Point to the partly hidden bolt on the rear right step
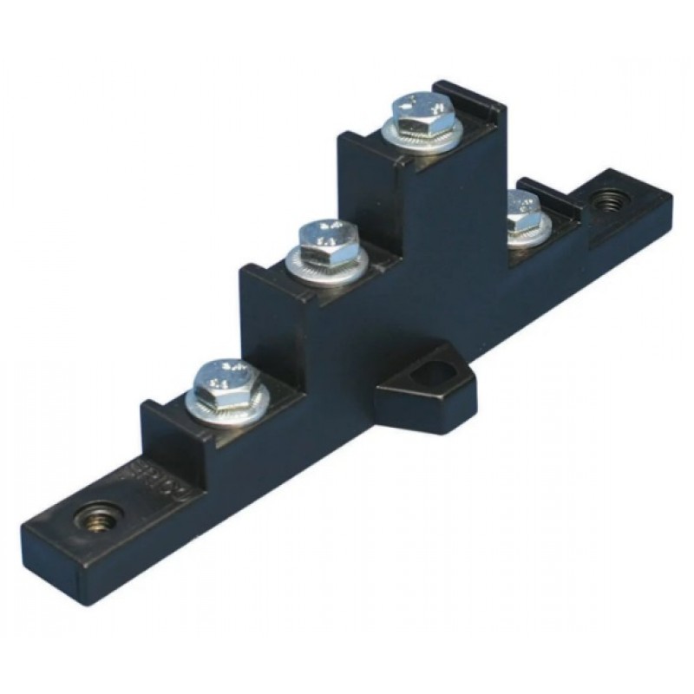click(523, 208)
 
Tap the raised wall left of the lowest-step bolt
click(161, 421)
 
